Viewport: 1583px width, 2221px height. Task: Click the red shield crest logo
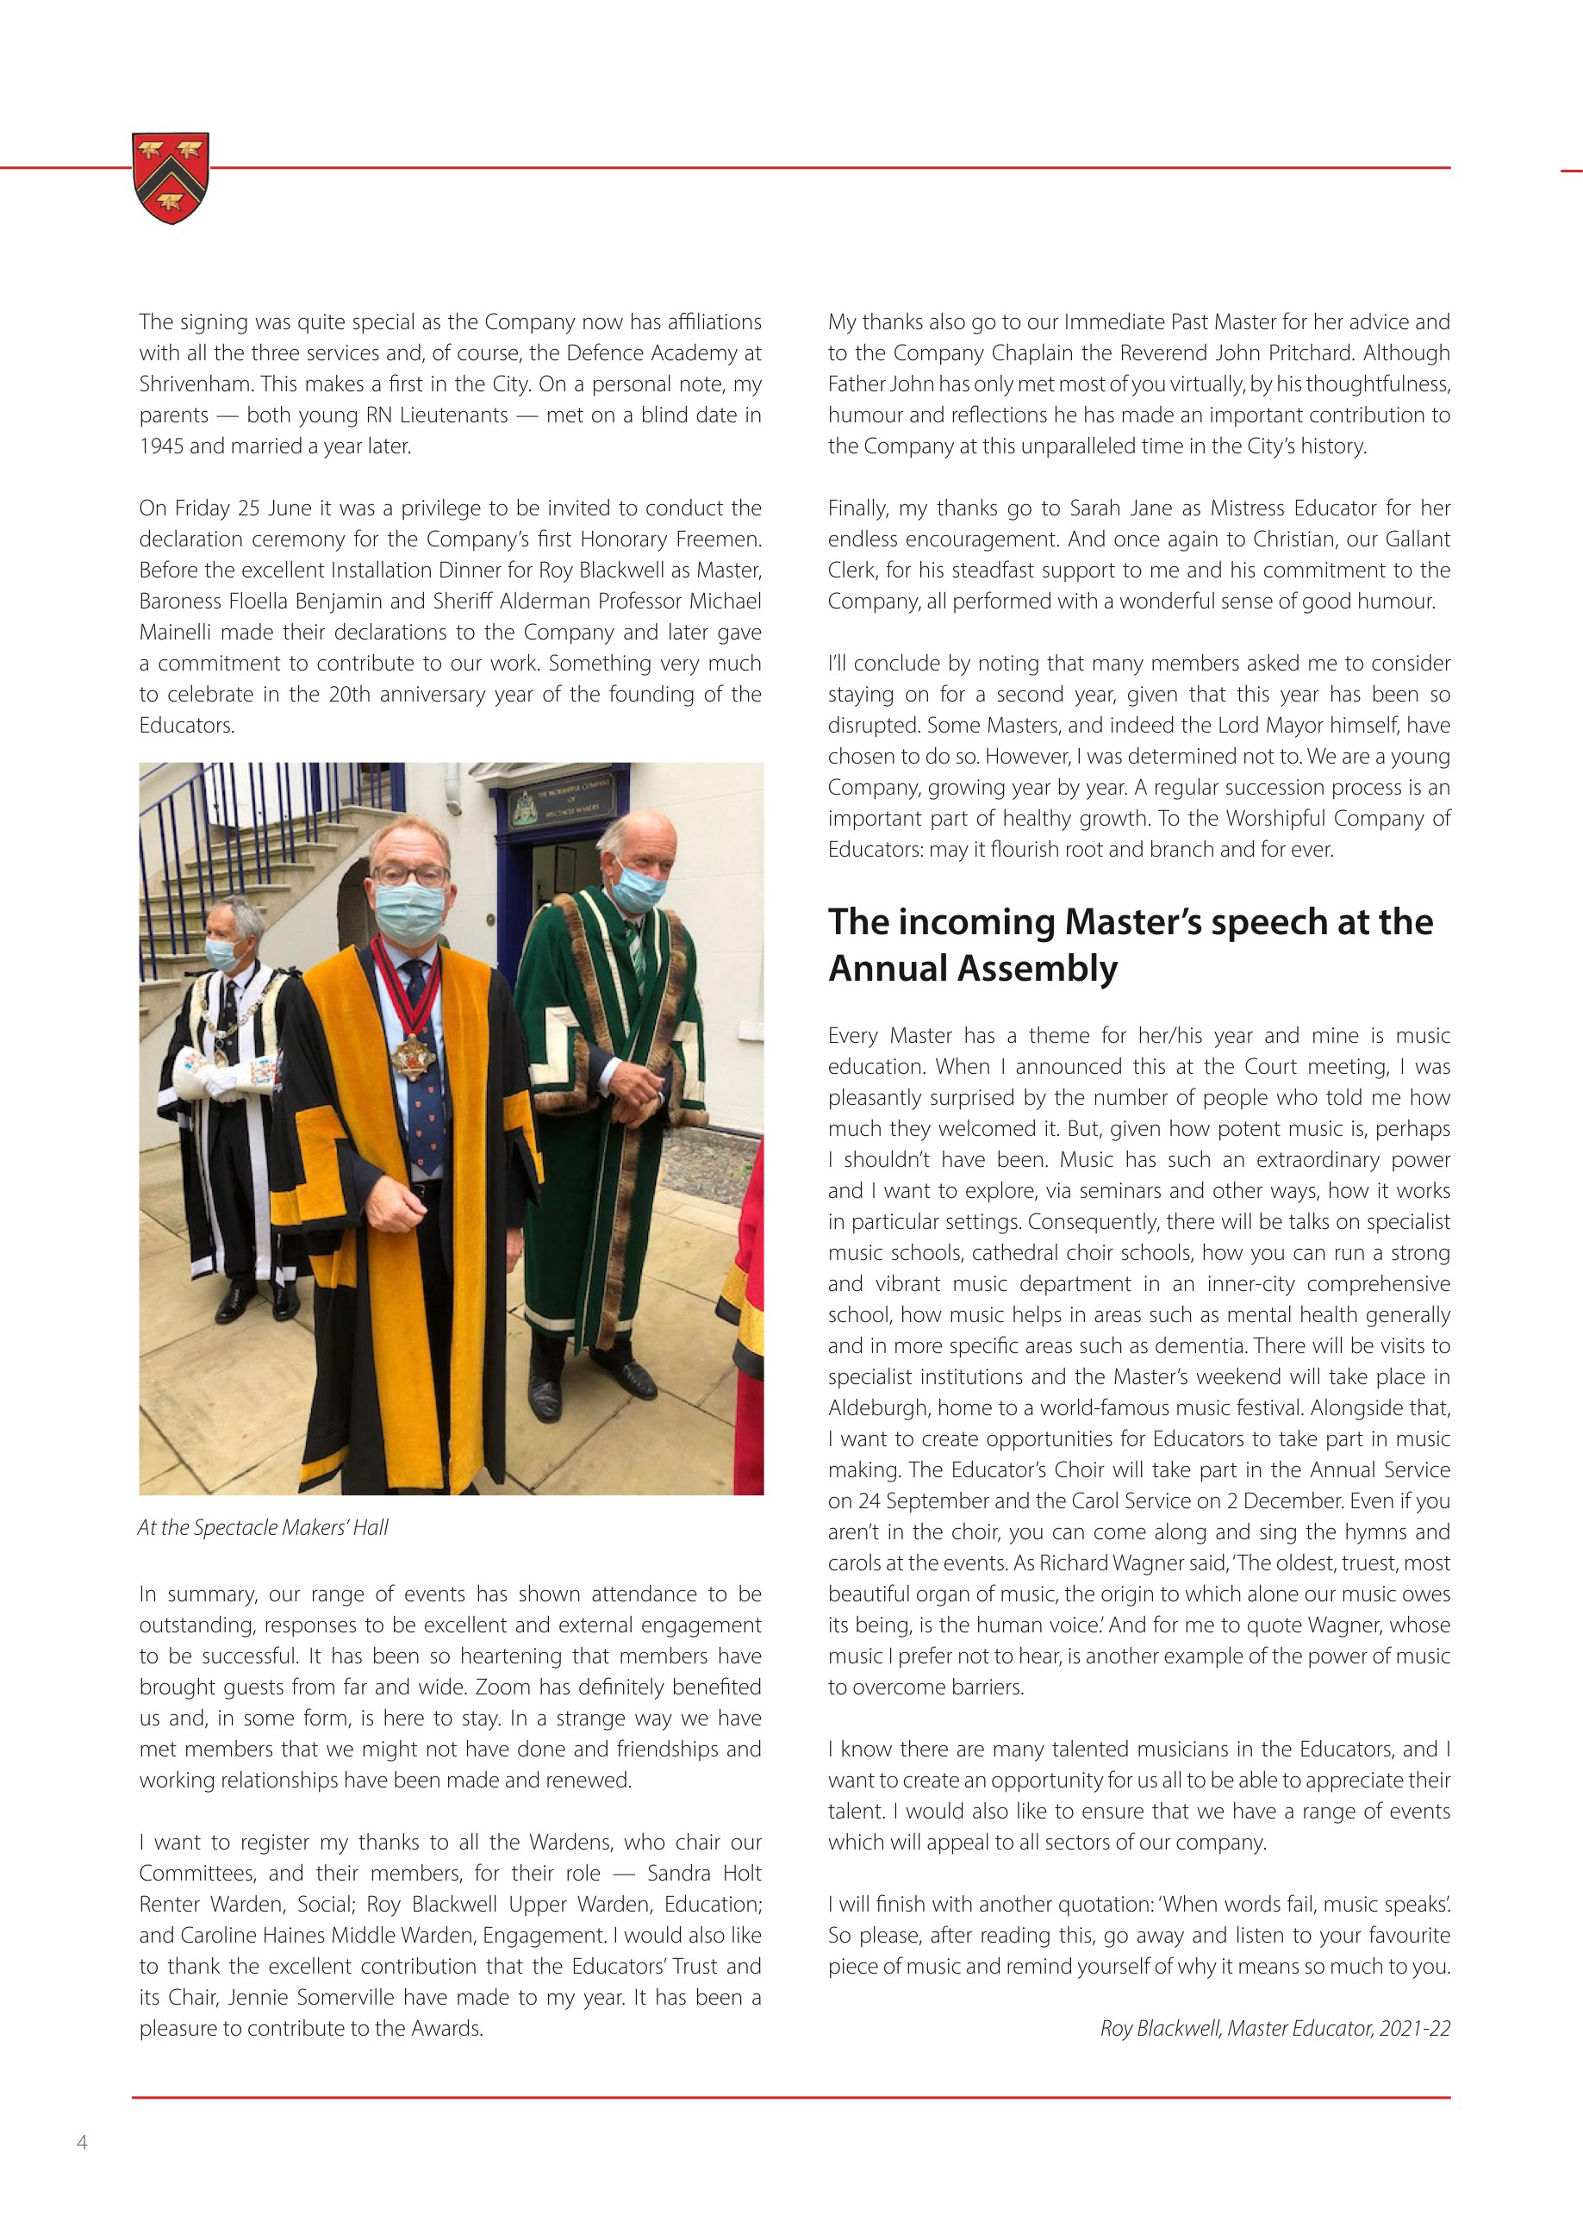(171, 177)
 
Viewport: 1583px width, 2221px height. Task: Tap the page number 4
(82, 2142)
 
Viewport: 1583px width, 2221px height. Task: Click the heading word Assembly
(1038, 968)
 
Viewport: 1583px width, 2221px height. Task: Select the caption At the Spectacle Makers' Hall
(263, 1528)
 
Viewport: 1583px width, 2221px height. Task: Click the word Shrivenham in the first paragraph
(193, 384)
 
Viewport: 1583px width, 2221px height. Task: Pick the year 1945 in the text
(161, 446)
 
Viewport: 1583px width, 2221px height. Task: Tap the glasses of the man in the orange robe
(409, 875)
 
